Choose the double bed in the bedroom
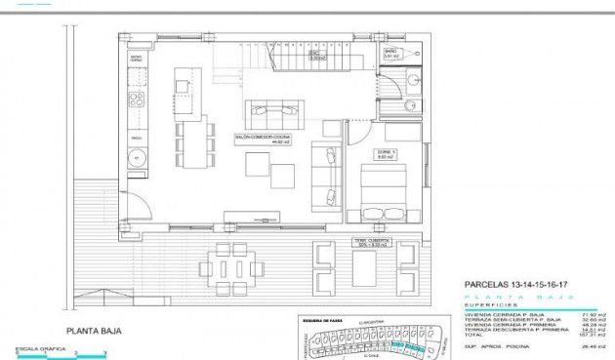384,191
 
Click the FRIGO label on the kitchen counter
137,140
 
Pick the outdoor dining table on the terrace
233,264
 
